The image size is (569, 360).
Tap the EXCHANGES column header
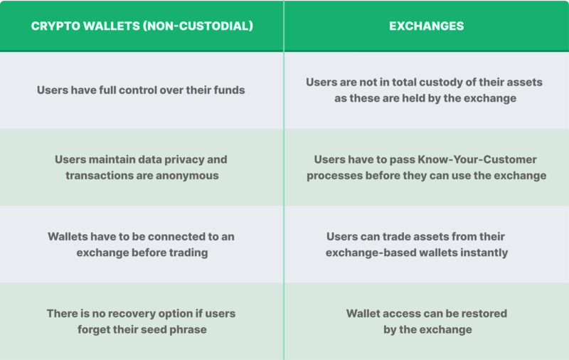pos(426,26)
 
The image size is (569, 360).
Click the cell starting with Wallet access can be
pos(426,321)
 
